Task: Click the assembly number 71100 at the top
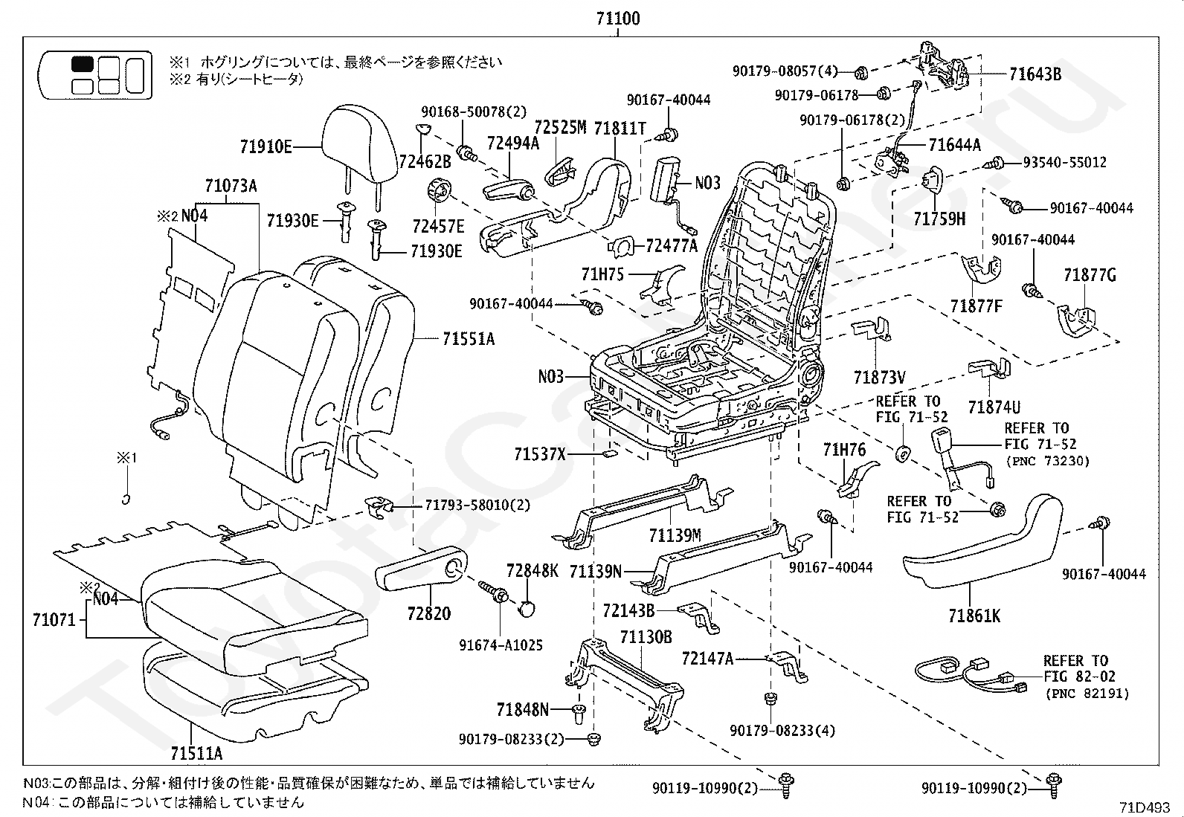(618, 19)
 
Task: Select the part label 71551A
(469, 339)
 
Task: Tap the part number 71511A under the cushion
(196, 754)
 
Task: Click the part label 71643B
(1035, 74)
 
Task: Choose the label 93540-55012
(1064, 162)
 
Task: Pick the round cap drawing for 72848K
(527, 609)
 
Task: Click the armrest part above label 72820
(422, 567)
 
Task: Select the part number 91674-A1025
(501, 645)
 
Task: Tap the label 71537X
(540, 454)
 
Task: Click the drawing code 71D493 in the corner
(1145, 807)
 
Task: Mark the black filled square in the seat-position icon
(83, 64)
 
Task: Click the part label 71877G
(1090, 275)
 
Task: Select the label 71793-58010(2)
(477, 506)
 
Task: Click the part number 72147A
(707, 659)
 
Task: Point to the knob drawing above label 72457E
(440, 190)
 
